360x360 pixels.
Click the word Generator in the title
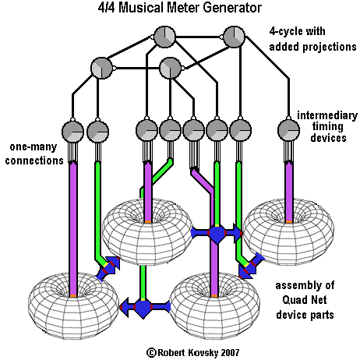[x=232, y=8]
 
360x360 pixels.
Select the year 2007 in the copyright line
[x=230, y=352]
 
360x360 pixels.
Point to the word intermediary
[x=327, y=115]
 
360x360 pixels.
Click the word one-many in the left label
[x=34, y=147]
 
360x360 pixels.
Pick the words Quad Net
[x=305, y=300]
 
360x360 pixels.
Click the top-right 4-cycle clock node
[x=234, y=37]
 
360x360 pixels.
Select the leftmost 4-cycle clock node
[x=101, y=69]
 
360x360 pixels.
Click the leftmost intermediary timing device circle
[x=72, y=132]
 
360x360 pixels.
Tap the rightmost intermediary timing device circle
[x=288, y=130]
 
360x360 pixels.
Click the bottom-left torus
[x=73, y=306]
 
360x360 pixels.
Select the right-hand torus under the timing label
[x=288, y=231]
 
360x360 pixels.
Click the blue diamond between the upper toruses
[x=217, y=234]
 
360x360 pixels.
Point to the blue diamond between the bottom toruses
[x=143, y=308]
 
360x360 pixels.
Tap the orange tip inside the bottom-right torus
[x=214, y=295]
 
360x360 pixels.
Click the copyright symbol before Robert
[x=151, y=353]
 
